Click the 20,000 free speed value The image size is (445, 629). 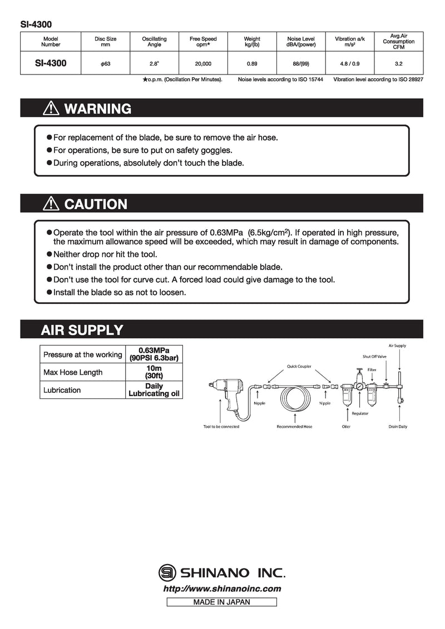(x=203, y=64)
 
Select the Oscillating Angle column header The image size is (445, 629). (x=154, y=42)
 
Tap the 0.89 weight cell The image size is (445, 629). (x=252, y=64)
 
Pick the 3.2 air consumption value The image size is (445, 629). (x=398, y=64)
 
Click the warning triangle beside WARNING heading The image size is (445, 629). (x=51, y=108)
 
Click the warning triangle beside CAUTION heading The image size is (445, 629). (x=51, y=204)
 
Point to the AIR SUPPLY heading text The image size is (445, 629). (x=82, y=330)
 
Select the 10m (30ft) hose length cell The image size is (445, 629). (x=154, y=372)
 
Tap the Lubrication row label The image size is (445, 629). (x=62, y=390)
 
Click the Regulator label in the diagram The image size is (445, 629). (x=360, y=413)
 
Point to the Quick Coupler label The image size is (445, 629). (x=299, y=366)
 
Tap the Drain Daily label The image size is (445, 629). (x=398, y=427)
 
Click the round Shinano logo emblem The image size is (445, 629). (x=166, y=572)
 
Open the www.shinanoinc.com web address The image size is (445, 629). (x=222, y=589)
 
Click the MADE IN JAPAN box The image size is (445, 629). (x=221, y=602)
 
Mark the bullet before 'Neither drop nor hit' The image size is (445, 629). (x=50, y=253)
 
